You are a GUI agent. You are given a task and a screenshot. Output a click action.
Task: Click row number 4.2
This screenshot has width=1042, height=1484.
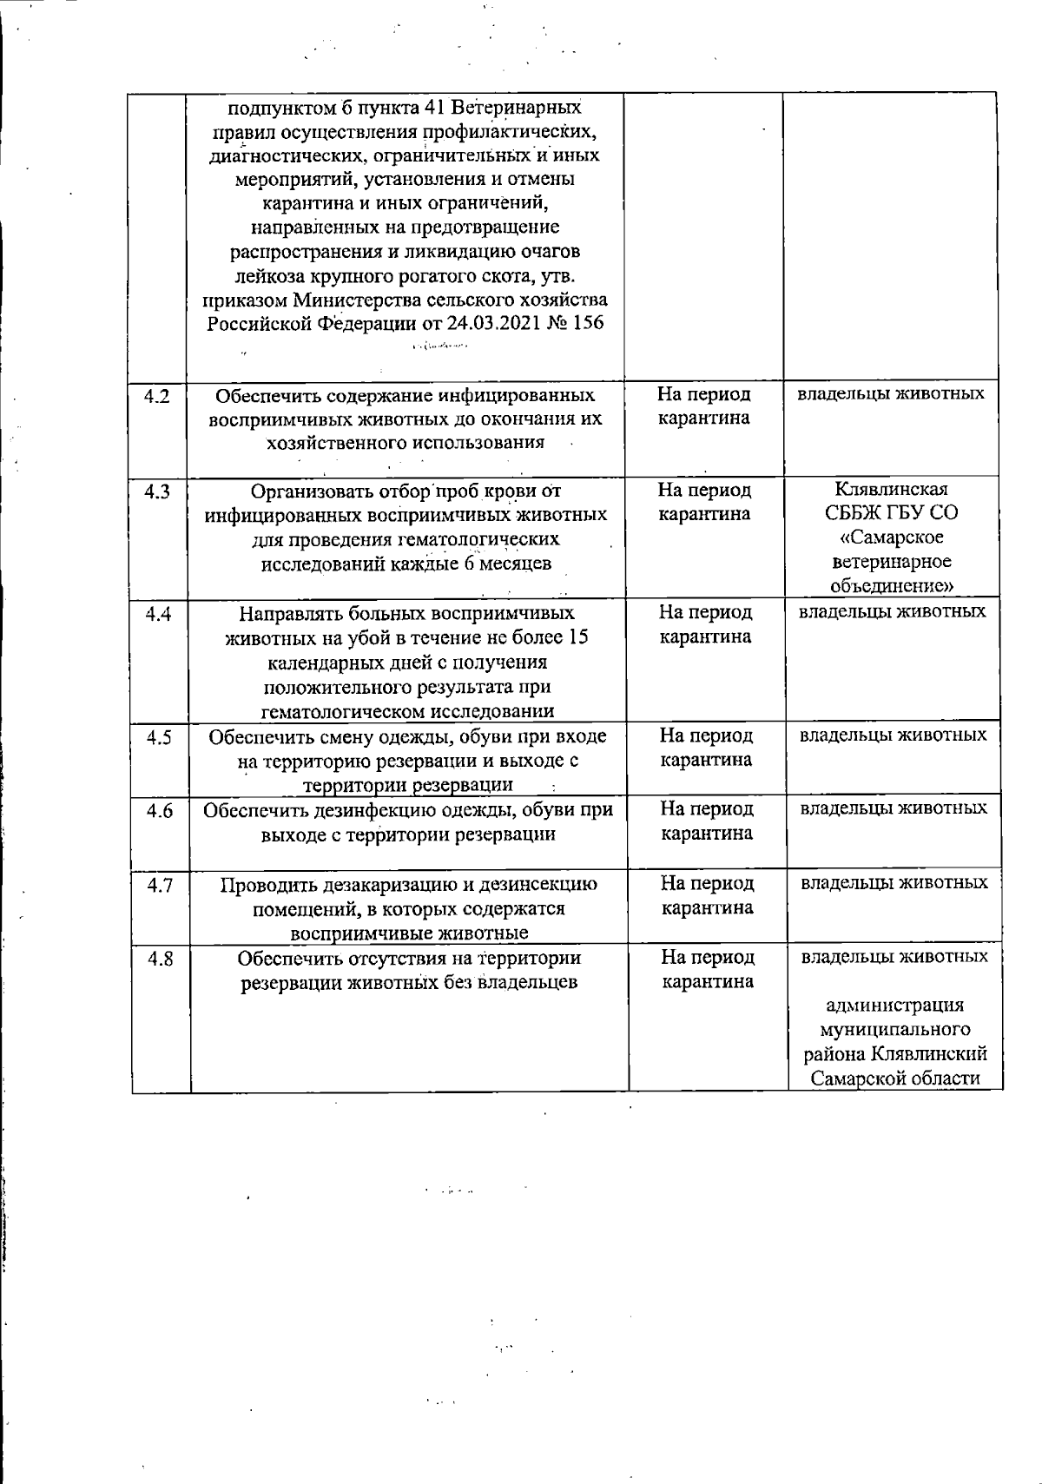[x=157, y=396]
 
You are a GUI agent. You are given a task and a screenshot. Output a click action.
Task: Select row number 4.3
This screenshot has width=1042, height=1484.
[x=157, y=491]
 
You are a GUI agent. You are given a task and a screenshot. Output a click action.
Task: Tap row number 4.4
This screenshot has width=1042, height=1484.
[x=157, y=614]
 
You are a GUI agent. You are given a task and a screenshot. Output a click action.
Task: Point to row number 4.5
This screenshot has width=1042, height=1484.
[x=159, y=737]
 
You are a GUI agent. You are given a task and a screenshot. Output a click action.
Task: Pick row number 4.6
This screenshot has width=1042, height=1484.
[x=160, y=810]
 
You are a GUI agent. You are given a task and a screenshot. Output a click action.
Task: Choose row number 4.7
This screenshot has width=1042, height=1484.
[x=161, y=885]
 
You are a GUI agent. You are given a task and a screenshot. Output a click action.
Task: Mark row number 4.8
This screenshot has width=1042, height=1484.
[x=161, y=960]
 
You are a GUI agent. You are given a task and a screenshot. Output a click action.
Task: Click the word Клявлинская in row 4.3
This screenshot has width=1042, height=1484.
[x=892, y=488]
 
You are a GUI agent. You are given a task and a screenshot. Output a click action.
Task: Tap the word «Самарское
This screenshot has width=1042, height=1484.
[x=892, y=537]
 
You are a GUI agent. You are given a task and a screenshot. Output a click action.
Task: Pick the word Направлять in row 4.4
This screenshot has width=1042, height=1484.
[x=289, y=614]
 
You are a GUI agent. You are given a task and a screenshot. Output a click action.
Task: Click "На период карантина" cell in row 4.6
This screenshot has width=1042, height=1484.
[x=707, y=821]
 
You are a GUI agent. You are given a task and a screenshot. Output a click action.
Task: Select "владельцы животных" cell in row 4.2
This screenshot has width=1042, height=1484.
[x=892, y=393]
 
